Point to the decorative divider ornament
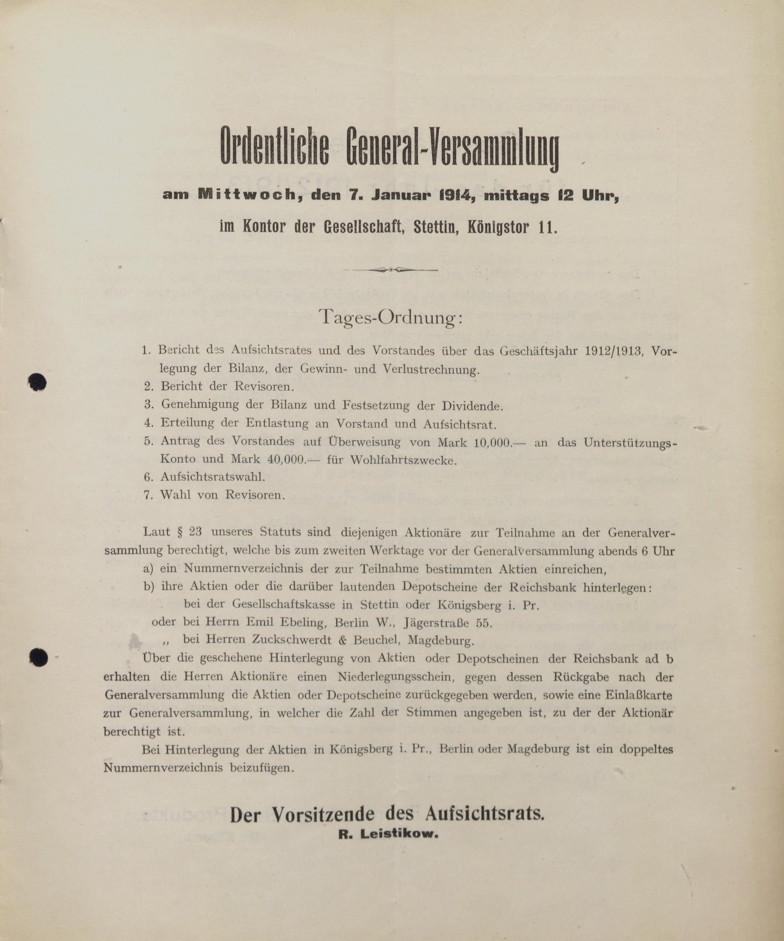point(391,270)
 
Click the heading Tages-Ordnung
point(390,318)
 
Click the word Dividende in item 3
point(472,406)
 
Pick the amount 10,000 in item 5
point(492,442)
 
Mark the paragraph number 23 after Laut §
point(195,532)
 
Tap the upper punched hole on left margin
point(37,382)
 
